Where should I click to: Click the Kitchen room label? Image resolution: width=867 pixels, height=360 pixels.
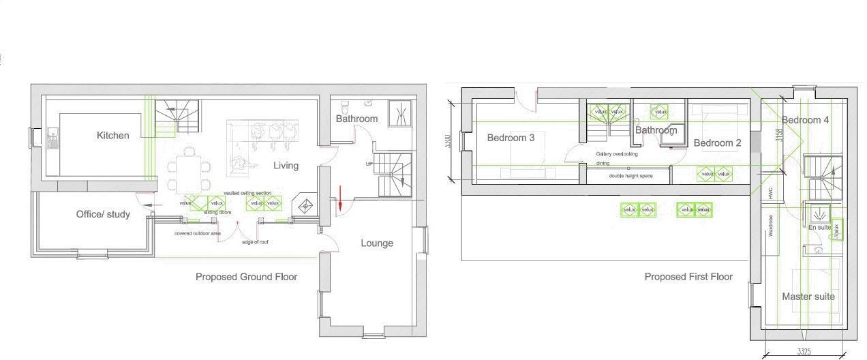coord(112,136)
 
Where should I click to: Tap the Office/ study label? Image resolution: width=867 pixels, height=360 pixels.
coord(103,214)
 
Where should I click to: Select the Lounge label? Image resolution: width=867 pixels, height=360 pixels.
coord(377,243)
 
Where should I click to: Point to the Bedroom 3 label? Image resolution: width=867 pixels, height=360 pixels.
coord(511,138)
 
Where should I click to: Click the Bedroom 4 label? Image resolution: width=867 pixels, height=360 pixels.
coord(805,120)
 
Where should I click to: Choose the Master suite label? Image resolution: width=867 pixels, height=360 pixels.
coord(808,297)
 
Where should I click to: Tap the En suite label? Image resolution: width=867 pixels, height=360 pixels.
coord(819,227)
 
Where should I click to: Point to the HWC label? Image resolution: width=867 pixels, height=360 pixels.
coord(771,194)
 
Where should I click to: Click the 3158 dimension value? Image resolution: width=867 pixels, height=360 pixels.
coord(779,135)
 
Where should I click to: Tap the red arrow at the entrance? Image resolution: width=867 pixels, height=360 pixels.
coord(338,200)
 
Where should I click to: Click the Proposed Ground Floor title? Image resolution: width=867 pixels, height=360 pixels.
coord(246,277)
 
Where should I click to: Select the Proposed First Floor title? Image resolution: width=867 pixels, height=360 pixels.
coord(688,277)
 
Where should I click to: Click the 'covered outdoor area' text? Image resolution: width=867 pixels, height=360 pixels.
coord(197,233)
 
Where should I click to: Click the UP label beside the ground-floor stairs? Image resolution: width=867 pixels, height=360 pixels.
coord(369,164)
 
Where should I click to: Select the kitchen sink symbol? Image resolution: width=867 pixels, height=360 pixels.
coord(52,140)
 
